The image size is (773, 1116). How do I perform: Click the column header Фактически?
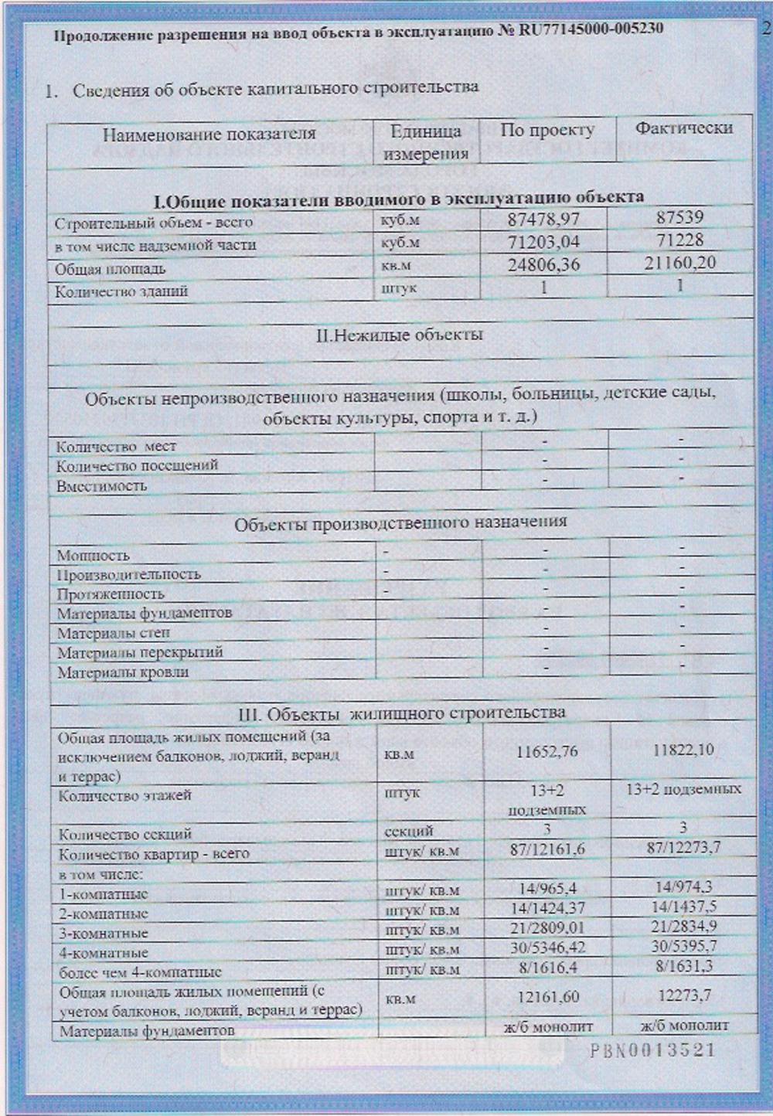click(x=683, y=128)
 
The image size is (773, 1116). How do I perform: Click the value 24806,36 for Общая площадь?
click(x=543, y=265)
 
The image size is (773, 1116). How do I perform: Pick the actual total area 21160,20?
click(x=680, y=263)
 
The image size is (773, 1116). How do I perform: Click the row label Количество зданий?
click(x=121, y=291)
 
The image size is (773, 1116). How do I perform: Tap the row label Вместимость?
click(x=101, y=486)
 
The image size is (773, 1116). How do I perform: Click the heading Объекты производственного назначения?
click(x=400, y=522)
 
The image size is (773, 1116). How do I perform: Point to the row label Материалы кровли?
click(x=123, y=672)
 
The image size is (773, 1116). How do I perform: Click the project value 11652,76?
click(x=547, y=751)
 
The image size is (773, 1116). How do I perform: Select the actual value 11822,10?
click(x=683, y=750)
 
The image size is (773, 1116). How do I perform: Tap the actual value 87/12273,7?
click(x=683, y=848)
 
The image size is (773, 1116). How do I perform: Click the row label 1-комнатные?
click(x=104, y=894)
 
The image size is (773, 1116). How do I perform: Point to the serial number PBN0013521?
click(x=652, y=1050)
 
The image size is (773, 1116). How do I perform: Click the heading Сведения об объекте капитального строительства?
click(x=275, y=89)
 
